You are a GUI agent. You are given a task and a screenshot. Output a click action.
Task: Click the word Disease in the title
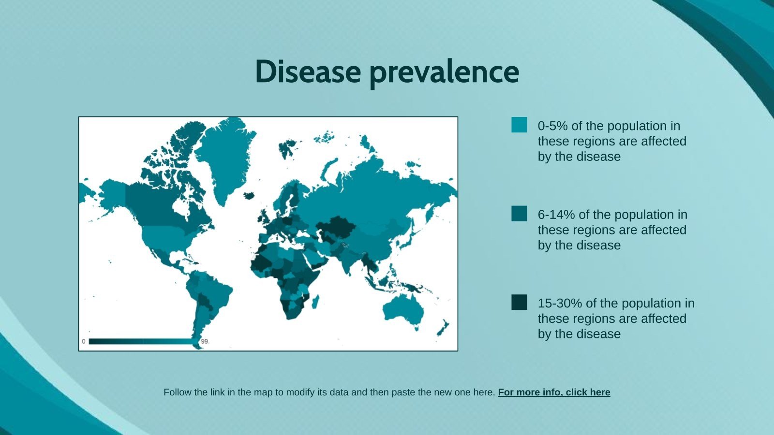pyautogui.click(x=308, y=72)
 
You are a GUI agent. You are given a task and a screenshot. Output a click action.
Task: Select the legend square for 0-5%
pyautogui.click(x=519, y=125)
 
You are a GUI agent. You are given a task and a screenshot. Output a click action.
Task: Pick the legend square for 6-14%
pyautogui.click(x=519, y=214)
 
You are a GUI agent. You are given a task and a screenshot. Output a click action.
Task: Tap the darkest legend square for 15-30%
pyautogui.click(x=519, y=302)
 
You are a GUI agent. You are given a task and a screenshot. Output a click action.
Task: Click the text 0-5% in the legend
pyautogui.click(x=552, y=126)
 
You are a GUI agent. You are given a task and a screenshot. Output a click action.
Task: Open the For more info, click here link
pyautogui.click(x=554, y=392)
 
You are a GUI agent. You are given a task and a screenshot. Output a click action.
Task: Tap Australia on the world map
pyautogui.click(x=404, y=309)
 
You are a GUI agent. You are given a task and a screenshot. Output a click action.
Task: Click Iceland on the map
pyautogui.click(x=250, y=196)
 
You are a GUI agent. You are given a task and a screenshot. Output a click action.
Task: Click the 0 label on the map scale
pyautogui.click(x=84, y=341)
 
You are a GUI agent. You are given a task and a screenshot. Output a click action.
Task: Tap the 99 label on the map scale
pyautogui.click(x=205, y=341)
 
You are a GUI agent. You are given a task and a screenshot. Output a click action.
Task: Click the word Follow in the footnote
pyautogui.click(x=176, y=392)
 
